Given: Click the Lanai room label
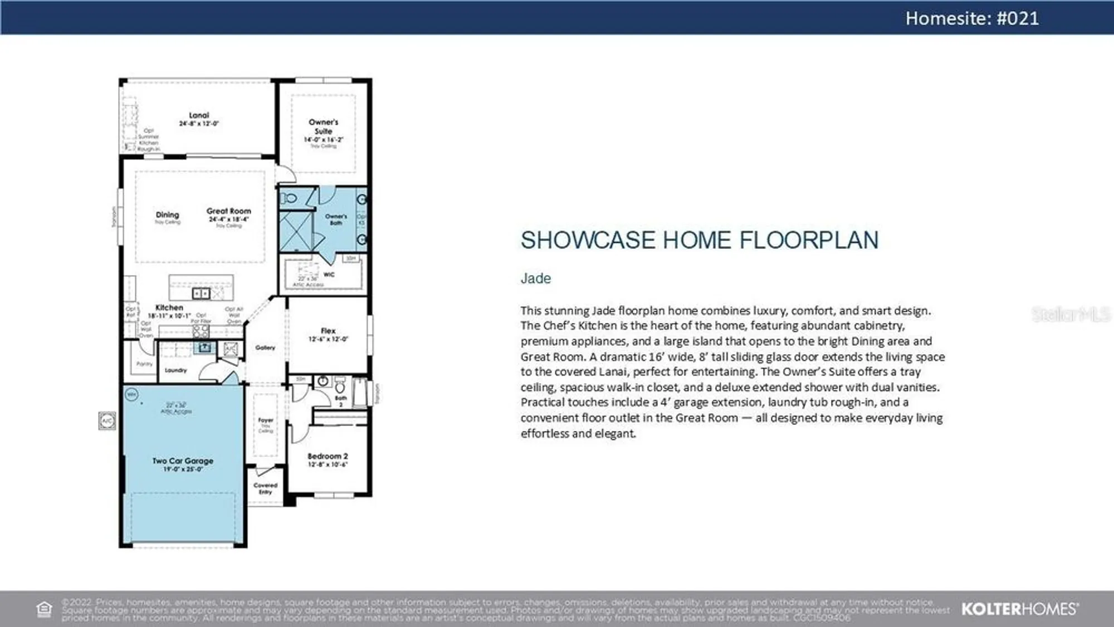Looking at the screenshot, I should (x=199, y=116).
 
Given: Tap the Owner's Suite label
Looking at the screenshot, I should (x=323, y=126).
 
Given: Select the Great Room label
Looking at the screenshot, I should (x=228, y=212).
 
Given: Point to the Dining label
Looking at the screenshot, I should (x=167, y=215).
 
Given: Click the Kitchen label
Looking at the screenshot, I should (x=169, y=308).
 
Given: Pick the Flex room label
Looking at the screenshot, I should (x=328, y=331).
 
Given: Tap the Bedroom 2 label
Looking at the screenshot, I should (x=328, y=457).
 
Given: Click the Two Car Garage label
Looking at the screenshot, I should (x=183, y=461).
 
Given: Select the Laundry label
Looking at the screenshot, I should (x=175, y=370).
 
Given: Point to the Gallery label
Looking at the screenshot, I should (x=265, y=347).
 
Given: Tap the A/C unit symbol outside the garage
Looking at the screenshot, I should (x=107, y=420).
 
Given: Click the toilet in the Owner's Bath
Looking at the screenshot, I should (x=289, y=198).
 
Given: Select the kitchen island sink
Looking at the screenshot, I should (x=201, y=293).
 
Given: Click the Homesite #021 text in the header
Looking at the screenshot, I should (x=972, y=18).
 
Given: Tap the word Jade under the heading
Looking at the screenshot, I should (x=535, y=278).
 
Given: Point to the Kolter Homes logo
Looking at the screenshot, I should (x=1019, y=609).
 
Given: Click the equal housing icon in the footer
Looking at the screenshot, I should (x=44, y=609).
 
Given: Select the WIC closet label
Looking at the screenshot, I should (x=329, y=275).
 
